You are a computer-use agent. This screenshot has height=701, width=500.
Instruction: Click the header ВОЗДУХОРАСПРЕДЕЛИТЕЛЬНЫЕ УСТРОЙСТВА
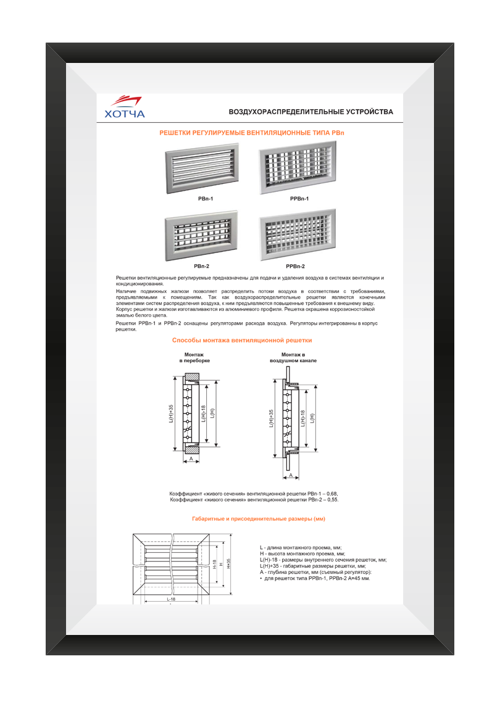[310, 112]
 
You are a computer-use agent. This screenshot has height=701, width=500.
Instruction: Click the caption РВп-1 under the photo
[201, 199]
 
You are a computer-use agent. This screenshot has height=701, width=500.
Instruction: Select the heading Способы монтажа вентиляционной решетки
[242, 340]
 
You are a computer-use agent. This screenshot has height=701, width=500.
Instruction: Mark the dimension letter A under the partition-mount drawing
[191, 460]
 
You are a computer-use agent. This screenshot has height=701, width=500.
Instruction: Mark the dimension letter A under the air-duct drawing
[290, 476]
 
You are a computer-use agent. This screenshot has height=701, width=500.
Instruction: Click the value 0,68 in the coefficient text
[331, 494]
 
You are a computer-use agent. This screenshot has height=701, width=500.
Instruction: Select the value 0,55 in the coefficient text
[331, 500]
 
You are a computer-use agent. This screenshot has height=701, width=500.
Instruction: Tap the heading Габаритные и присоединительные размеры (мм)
[259, 519]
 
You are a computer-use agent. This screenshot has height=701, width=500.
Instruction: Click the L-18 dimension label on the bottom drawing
[170, 599]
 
